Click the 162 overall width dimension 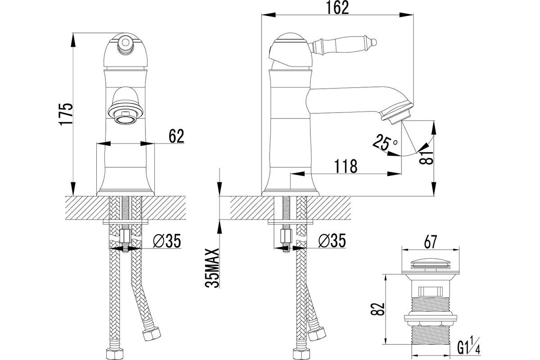(337, 8)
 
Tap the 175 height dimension (66, 114)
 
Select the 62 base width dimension (176, 136)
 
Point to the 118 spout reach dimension (346, 166)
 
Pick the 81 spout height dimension (426, 157)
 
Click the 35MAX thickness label (212, 268)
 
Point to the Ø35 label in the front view (167, 241)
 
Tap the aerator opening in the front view (125, 119)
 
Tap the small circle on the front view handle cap (125, 43)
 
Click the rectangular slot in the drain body (430, 291)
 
